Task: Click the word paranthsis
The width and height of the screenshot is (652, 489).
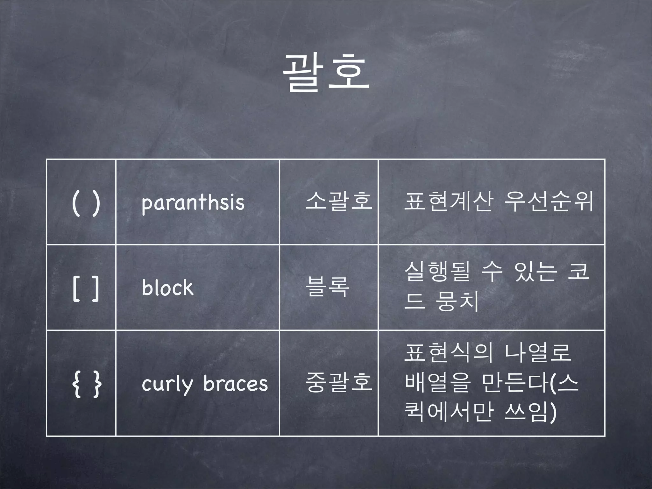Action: (193, 203)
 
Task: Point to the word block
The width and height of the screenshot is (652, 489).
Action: (168, 288)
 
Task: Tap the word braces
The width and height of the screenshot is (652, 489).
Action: (236, 384)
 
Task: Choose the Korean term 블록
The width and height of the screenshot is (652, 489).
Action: (327, 287)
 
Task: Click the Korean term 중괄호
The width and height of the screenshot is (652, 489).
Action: (338, 382)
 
